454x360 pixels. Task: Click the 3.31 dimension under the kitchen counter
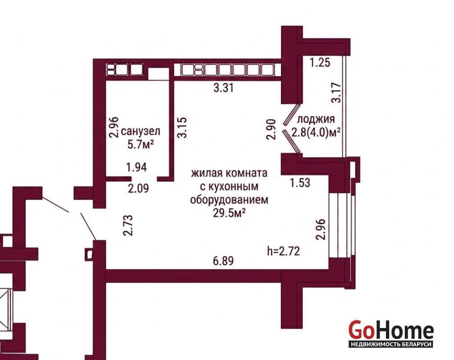tap(223, 87)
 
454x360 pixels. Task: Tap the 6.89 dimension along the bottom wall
tap(223, 261)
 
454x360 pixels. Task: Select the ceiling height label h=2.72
tap(283, 251)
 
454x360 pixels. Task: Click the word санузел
tap(141, 131)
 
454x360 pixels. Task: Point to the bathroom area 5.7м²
tap(141, 144)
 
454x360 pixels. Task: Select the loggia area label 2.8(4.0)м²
tap(316, 133)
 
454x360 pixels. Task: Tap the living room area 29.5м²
tap(230, 213)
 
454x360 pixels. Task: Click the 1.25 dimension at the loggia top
tap(320, 62)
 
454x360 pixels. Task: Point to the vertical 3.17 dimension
tap(336, 93)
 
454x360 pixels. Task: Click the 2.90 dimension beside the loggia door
tap(272, 129)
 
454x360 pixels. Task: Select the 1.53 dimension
tap(300, 183)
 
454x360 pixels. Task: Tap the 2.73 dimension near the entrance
tap(128, 225)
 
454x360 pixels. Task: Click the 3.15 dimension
tap(182, 127)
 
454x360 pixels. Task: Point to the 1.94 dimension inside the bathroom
tap(136, 167)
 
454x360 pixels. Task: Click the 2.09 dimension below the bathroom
tap(138, 189)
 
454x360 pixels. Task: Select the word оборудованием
tap(229, 200)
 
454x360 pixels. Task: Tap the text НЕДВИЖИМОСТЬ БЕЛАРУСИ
tap(391, 344)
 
